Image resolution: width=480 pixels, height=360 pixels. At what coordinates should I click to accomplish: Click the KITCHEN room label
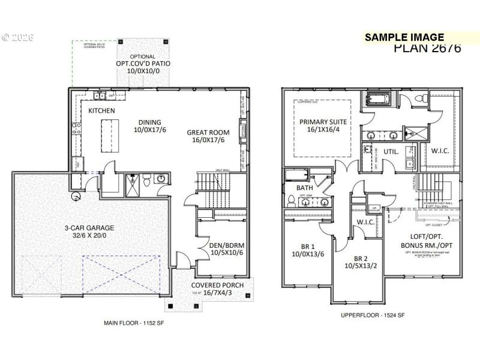tap(102, 111)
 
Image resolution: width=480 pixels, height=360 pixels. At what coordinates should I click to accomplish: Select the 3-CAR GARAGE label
tap(90, 228)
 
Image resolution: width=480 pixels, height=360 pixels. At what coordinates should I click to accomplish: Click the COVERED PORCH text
tap(217, 285)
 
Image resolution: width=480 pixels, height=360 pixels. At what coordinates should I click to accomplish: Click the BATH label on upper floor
tap(305, 188)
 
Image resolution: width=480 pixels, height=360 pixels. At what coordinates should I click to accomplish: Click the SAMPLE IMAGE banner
tap(404, 37)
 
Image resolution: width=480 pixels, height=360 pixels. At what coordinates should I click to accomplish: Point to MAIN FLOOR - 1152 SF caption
tap(133, 323)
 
